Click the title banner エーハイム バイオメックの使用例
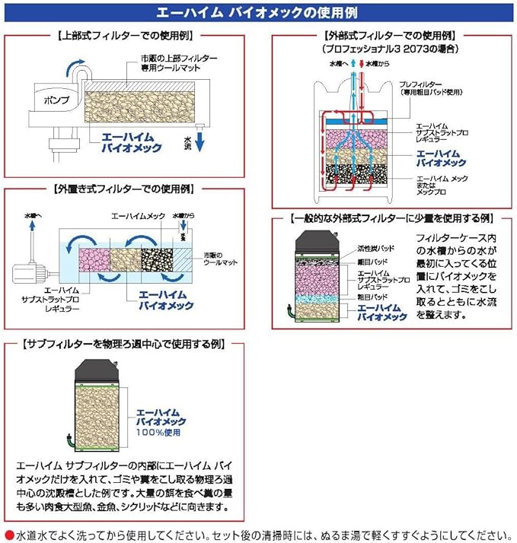258,13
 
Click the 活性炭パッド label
371,249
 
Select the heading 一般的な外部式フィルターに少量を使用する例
391,218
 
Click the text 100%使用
160,432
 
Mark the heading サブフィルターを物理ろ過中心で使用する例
124,343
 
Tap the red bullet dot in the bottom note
8,534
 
